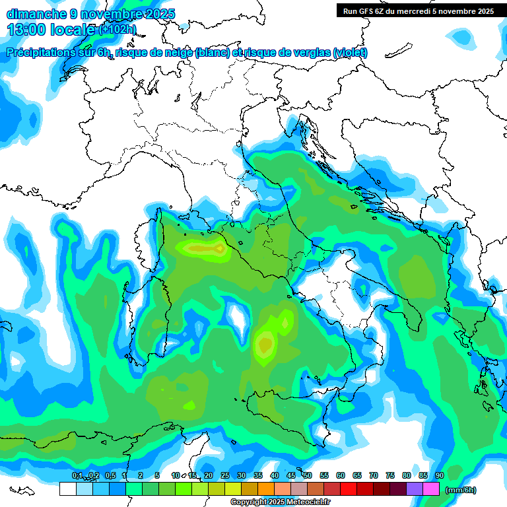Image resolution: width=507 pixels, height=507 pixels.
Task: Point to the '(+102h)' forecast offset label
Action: point(118,29)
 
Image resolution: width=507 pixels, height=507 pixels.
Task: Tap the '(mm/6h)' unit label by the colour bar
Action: point(460,490)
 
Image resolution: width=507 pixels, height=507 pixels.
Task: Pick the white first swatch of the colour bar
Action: point(67,489)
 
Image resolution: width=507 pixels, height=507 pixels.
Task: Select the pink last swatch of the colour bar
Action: point(431,489)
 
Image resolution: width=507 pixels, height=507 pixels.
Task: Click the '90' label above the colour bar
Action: point(439,475)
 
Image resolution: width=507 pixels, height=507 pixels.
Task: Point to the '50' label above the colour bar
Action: point(307,475)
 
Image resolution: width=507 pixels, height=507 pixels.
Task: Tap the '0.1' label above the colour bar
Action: point(77,475)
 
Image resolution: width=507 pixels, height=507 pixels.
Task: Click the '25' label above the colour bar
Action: point(224,475)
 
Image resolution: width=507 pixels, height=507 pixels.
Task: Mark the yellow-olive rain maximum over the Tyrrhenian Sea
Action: point(265,343)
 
